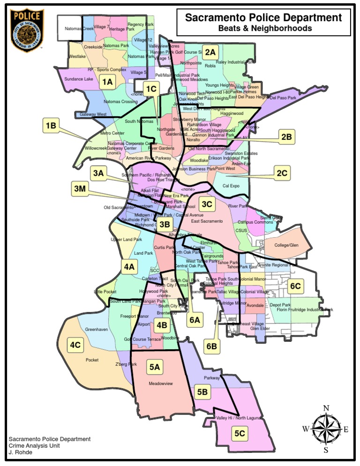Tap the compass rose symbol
pyautogui.click(x=326, y=428)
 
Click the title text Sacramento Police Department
pyautogui.click(x=263, y=18)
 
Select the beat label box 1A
pyautogui.click(x=107, y=82)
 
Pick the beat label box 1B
pyautogui.click(x=51, y=125)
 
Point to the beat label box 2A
pyautogui.click(x=210, y=53)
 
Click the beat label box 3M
pyautogui.click(x=79, y=189)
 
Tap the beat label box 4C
pyautogui.click(x=75, y=346)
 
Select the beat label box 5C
pyautogui.click(x=240, y=434)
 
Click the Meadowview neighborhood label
pyautogui.click(x=160, y=383)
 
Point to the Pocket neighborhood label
pyautogui.click(x=92, y=360)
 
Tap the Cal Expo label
pyautogui.click(x=231, y=186)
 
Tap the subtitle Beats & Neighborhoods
pyautogui.click(x=265, y=29)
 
